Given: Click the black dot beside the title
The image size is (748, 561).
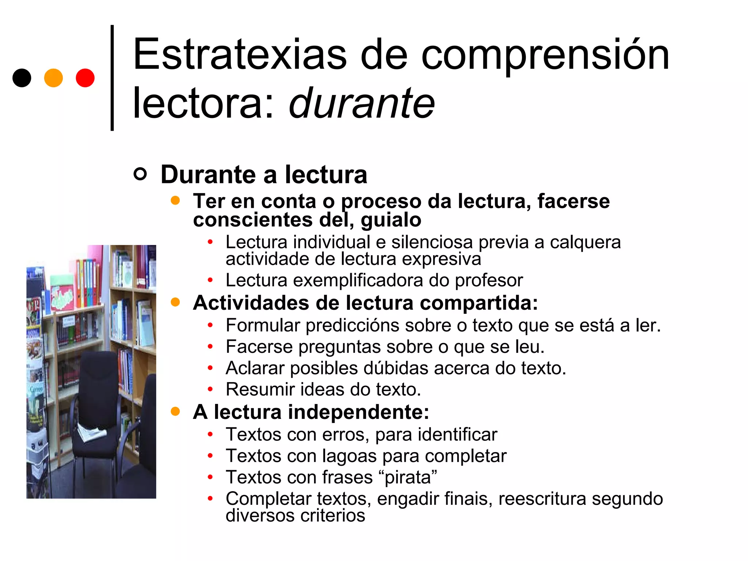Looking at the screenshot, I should [22, 78].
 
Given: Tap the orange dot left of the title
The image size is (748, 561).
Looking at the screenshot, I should [53, 78].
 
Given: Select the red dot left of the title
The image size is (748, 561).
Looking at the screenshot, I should [85, 78].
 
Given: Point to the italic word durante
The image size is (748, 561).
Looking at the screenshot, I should [362, 104].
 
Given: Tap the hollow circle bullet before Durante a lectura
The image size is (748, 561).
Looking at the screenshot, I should [140, 174].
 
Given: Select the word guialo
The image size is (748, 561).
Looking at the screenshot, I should [391, 220].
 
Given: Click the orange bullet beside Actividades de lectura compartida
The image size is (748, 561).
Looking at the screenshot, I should [175, 302].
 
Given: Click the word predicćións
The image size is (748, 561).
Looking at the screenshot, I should [352, 325].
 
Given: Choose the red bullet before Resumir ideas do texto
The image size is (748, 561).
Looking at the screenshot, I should [210, 389].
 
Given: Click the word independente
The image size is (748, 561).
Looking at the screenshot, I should [358, 412].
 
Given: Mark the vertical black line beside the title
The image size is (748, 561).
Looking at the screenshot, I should [112, 78].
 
